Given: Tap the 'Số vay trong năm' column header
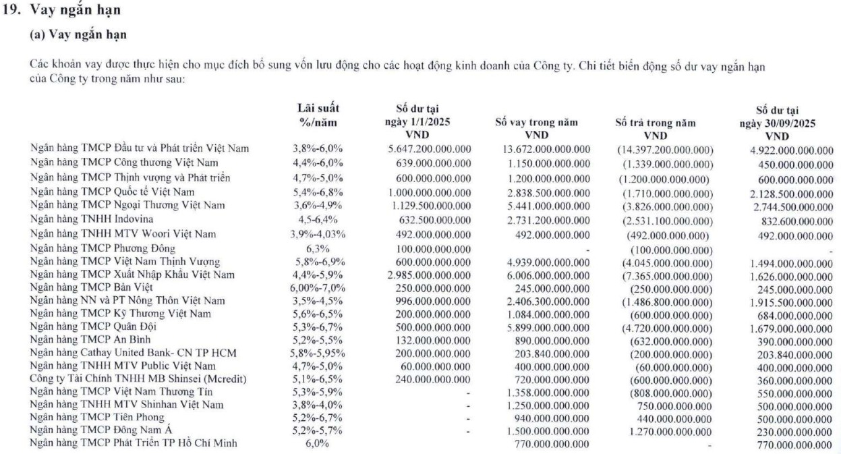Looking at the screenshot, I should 536,123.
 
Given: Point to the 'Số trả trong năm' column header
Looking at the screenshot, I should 656,123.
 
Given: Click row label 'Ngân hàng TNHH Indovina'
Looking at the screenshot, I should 92,219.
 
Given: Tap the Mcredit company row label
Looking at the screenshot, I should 138,379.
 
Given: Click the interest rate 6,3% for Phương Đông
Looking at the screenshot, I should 318,249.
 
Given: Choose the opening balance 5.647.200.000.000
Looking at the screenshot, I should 430,148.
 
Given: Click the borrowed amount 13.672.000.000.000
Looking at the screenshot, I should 547,148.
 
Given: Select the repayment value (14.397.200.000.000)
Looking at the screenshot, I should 664,148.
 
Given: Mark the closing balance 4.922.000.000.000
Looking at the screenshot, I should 784,150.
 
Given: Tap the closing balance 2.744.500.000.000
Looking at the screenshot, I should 784,205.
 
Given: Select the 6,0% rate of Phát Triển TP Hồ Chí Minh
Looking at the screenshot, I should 318,444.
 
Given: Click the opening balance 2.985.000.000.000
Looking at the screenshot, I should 430,275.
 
